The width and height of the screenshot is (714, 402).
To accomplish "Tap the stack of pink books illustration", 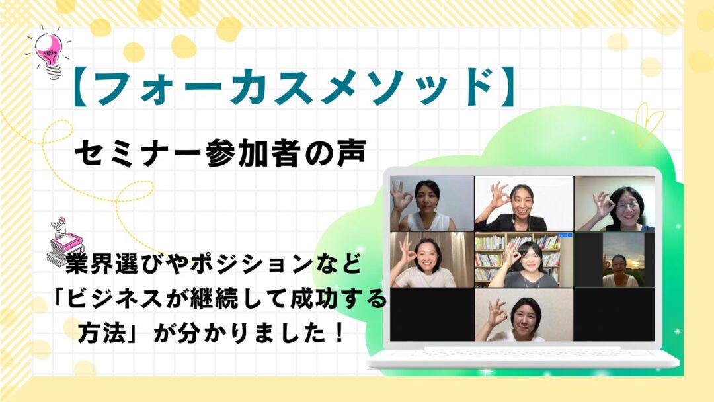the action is [x=65, y=246].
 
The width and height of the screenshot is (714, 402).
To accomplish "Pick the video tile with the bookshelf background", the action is [x=524, y=260].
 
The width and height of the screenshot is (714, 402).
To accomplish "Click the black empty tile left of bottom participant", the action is [x=432, y=315].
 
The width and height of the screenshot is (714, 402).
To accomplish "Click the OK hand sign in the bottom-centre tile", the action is [x=496, y=311].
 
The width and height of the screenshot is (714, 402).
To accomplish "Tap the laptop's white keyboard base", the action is [x=523, y=358].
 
